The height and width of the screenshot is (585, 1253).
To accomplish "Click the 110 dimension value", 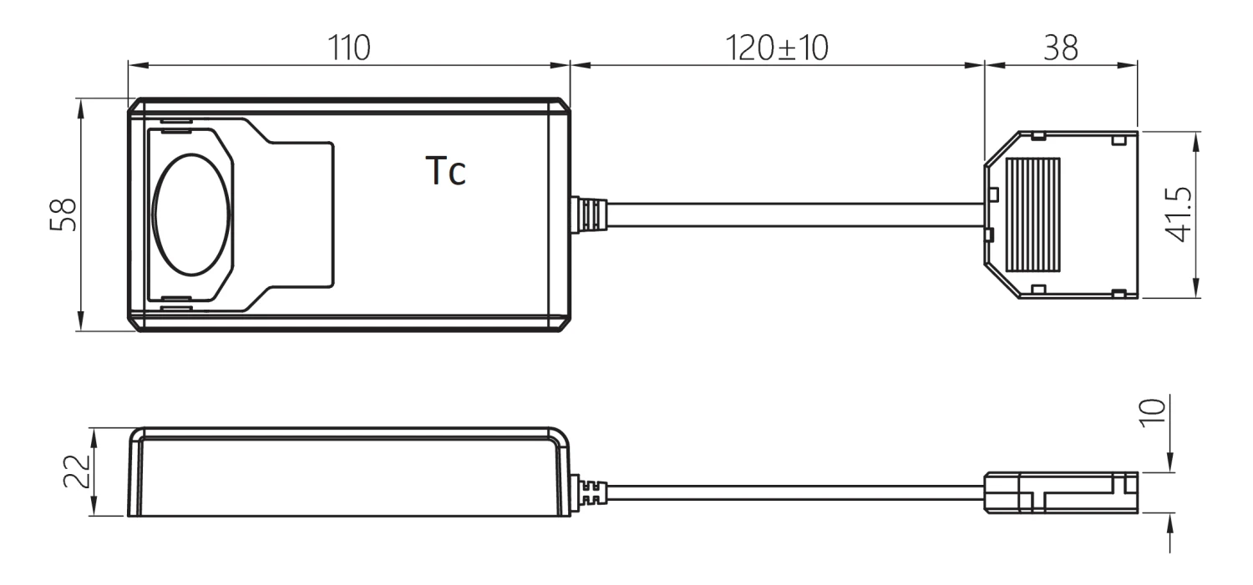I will pos(348,48).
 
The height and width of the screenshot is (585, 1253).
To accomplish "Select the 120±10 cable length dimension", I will pos(777,48).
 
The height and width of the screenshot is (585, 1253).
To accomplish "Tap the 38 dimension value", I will pos(1061,48).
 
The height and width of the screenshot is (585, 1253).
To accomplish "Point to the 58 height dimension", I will pos(64,214).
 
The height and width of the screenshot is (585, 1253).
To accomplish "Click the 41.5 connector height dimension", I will pos(1179,214).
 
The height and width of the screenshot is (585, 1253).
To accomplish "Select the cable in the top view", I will pos(794,214).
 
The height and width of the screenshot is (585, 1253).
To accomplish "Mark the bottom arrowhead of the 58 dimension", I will pos(81,323).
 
